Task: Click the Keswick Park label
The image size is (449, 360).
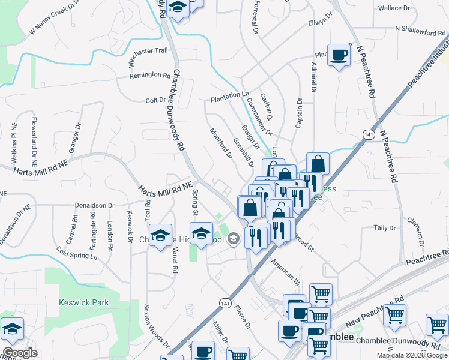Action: tap(84, 302)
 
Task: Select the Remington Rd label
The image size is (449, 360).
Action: tap(150, 75)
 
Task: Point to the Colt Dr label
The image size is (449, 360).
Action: tap(155, 100)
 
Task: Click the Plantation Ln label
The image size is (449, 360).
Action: tap(229, 95)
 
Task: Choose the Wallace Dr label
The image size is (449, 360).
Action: tap(394, 8)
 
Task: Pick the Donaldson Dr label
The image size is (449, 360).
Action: tap(94, 205)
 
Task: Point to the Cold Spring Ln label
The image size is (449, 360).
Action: tap(76, 253)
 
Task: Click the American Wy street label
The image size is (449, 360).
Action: tap(285, 268)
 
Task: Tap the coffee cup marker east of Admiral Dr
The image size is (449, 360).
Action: tap(339, 55)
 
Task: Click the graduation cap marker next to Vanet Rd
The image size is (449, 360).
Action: tap(160, 236)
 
